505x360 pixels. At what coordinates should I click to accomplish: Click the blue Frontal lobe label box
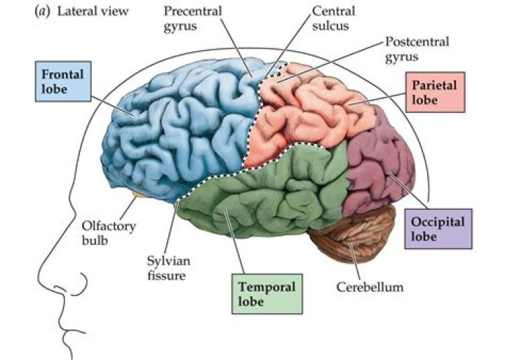point(63,81)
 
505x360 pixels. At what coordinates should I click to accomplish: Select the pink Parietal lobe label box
point(435,92)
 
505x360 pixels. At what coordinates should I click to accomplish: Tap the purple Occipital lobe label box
point(438,229)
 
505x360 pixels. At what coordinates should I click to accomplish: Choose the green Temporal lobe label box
point(267,294)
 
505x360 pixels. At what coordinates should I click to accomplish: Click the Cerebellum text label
point(370,287)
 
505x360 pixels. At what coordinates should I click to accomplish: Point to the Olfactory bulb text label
point(109,233)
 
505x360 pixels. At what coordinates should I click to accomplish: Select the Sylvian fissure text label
point(168,268)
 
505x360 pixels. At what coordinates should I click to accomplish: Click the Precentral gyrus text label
point(193,19)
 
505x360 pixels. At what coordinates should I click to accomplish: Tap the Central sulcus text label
point(333,18)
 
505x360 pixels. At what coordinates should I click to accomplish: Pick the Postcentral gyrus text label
point(417,49)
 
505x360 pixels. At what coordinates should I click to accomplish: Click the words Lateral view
point(93,11)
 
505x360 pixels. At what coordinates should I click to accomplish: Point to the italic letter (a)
point(42,11)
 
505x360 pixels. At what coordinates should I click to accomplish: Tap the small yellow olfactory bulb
point(138,194)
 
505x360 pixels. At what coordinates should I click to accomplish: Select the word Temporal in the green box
point(267,287)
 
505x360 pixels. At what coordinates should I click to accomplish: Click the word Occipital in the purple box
point(438,222)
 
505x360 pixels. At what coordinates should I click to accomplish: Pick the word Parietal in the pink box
point(434,86)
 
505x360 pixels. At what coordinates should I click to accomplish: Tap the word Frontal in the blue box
point(62,74)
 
